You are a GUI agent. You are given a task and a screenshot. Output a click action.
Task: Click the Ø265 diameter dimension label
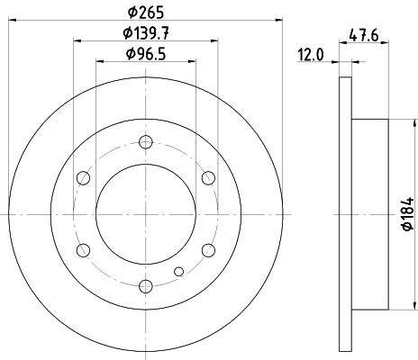[146, 13]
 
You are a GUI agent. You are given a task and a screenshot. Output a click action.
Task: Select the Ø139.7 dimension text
[146, 33]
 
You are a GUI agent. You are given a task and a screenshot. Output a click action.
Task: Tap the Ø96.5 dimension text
[146, 54]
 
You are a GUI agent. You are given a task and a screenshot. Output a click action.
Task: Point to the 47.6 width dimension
[363, 36]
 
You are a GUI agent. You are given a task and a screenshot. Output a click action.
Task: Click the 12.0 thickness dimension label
[311, 55]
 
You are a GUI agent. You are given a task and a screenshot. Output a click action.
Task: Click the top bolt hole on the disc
[146, 142]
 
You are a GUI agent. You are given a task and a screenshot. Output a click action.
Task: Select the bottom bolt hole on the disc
[146, 286]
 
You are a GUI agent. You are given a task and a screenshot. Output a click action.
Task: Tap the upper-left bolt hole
[83, 178]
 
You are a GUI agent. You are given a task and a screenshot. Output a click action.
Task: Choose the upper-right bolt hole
[208, 178]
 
